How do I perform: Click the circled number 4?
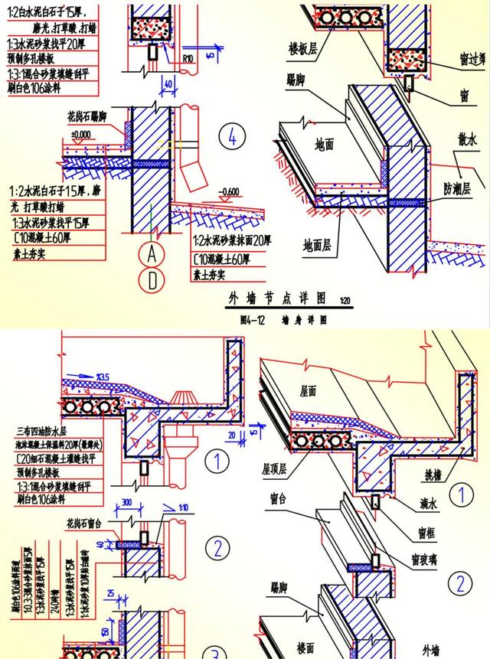(x=231, y=137)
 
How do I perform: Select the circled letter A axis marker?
(x=152, y=253)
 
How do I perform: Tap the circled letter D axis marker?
(x=152, y=280)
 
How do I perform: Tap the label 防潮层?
(x=458, y=187)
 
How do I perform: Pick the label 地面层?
(x=318, y=245)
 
